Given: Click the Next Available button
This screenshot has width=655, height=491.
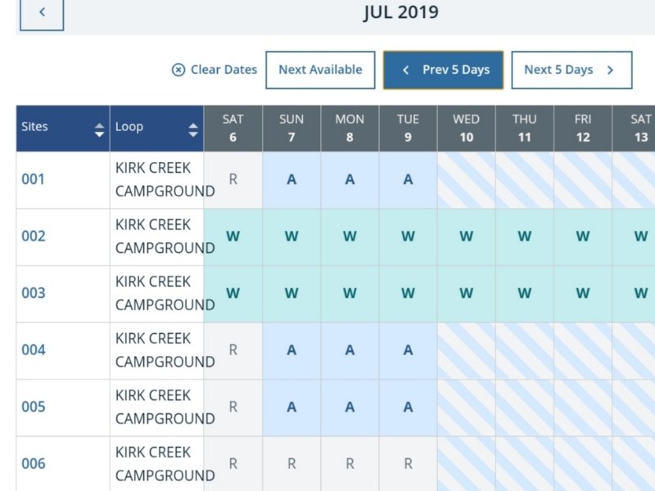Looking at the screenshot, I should [x=320, y=70].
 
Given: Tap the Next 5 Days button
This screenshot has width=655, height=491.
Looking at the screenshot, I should [x=571, y=70].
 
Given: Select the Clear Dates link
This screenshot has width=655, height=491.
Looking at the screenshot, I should [x=215, y=70].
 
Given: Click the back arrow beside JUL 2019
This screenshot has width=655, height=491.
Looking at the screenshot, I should [x=42, y=13].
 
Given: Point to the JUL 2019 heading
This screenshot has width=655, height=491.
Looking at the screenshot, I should [x=400, y=12].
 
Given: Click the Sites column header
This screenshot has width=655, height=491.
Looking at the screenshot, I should [x=62, y=128].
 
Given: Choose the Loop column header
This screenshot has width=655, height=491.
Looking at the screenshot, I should [x=156, y=128].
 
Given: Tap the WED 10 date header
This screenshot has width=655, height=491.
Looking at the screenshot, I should [x=466, y=128].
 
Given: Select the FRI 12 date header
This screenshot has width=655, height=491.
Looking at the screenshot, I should [x=582, y=128].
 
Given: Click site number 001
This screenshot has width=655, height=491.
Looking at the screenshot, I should [x=34, y=179].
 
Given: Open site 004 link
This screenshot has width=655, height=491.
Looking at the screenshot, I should [x=34, y=350].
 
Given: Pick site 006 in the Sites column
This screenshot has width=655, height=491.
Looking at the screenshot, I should [x=34, y=464].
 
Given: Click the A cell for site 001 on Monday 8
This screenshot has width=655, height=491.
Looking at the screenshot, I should [x=350, y=179].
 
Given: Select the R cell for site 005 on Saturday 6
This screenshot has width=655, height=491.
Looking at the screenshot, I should [x=233, y=407].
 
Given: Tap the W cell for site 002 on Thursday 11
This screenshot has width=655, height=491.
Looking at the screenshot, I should [x=524, y=236].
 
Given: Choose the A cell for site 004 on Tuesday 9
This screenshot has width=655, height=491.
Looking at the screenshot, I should [x=408, y=350].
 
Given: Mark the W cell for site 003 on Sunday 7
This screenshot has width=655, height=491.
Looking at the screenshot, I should [x=291, y=293].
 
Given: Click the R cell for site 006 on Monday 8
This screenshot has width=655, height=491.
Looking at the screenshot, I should [x=350, y=464].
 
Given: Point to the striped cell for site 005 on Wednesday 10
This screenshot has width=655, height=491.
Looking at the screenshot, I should [x=466, y=407].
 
